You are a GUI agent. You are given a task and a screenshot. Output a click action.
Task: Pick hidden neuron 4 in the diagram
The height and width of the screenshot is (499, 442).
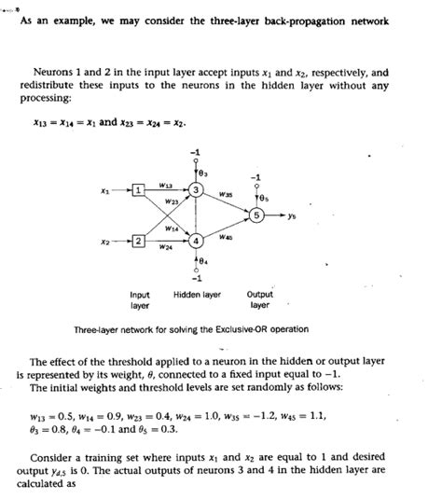(x=197, y=241)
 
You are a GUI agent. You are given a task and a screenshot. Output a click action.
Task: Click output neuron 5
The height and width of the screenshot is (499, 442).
(x=258, y=215)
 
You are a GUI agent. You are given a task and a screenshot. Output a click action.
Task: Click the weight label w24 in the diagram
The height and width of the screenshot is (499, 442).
(x=165, y=248)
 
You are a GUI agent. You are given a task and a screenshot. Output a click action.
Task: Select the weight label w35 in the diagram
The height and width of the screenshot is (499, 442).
(x=225, y=195)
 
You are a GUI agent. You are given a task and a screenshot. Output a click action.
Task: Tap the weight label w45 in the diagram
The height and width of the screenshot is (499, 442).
(x=226, y=238)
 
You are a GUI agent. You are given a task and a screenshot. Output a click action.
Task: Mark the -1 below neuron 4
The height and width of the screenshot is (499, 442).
(x=197, y=276)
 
